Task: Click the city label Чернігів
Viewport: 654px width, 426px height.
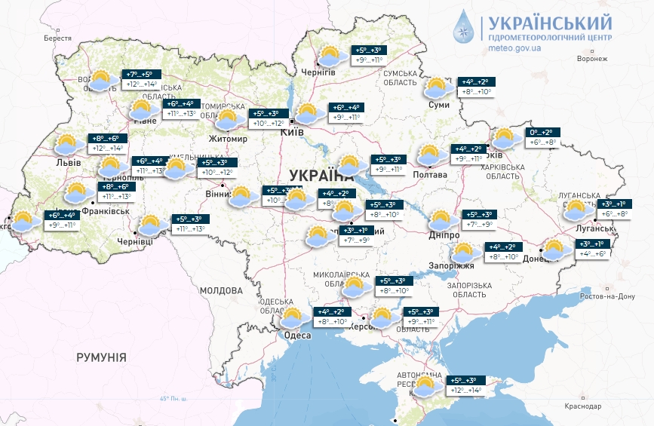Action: coord(318,72)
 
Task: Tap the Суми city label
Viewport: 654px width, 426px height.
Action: coord(438,105)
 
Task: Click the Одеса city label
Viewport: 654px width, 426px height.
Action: coord(297,336)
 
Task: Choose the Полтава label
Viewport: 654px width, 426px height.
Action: coord(431,175)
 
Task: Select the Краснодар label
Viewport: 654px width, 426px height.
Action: coord(582,406)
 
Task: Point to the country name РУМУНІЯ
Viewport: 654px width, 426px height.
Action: coord(101,357)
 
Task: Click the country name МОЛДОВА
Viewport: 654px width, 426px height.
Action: coord(222,290)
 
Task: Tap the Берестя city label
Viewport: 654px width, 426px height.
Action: coord(57,38)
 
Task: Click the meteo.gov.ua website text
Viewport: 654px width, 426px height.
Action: coord(515,48)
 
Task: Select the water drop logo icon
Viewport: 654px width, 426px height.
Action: coord(462,28)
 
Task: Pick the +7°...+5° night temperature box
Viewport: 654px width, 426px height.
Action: coord(141,74)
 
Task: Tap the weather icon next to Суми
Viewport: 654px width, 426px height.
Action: coord(437,88)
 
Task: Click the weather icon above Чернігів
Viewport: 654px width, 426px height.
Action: coord(329,56)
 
